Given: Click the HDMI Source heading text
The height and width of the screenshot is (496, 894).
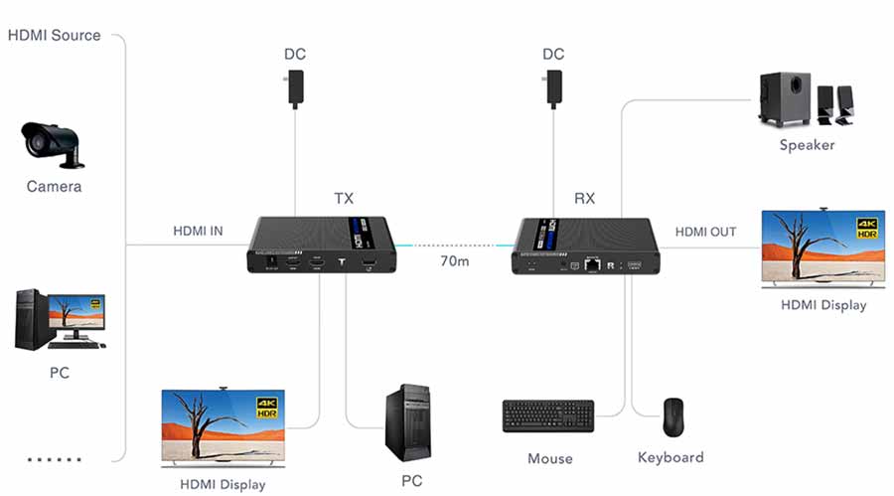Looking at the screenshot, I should pos(55,35).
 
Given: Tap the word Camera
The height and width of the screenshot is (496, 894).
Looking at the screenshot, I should pos(54,187).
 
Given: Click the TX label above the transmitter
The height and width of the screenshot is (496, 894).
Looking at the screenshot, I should pos(343,199).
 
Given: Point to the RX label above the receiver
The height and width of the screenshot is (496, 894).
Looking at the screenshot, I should pos(585,199).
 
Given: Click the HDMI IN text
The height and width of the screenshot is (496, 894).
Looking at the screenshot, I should pos(198,232).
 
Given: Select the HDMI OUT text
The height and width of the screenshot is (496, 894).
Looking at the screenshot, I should pos(705,232).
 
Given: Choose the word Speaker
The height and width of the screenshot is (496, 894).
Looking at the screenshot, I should pos(807,145).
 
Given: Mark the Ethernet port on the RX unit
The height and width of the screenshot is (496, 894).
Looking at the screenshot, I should pos(592,265).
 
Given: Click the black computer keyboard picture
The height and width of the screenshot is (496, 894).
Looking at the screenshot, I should pos(548,415).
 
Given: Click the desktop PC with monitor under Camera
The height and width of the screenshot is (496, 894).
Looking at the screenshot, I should pos(59,319).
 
